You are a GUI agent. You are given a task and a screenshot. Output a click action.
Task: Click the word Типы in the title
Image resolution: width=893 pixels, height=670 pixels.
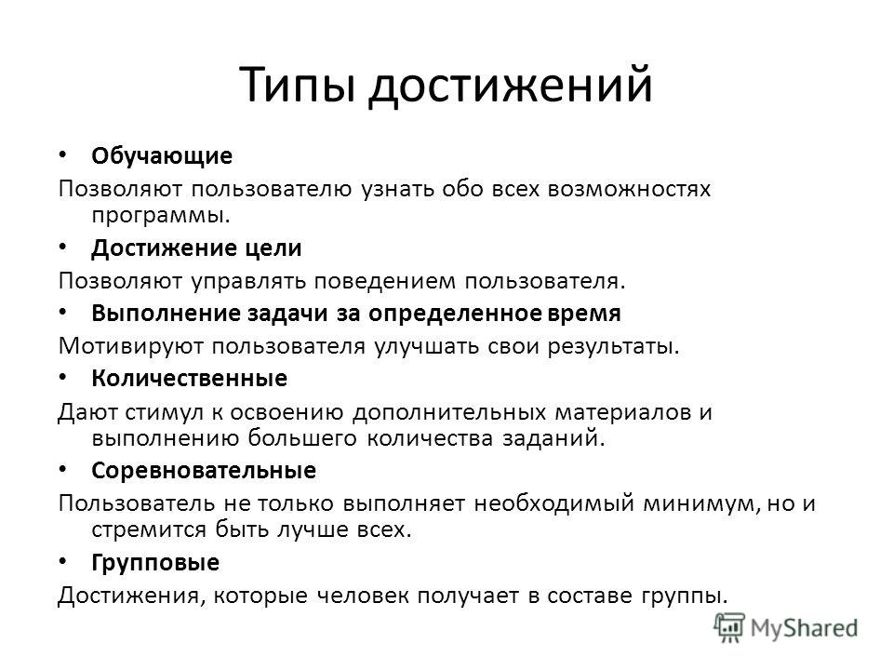point(298,86)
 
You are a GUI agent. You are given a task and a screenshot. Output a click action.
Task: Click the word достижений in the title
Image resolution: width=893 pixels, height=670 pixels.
point(511,87)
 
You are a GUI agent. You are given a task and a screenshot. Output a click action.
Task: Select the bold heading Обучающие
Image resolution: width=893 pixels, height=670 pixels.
point(162,156)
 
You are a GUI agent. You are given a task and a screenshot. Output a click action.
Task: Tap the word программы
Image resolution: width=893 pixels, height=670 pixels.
point(161,217)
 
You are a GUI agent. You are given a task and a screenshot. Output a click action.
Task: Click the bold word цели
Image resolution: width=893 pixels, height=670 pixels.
point(273,248)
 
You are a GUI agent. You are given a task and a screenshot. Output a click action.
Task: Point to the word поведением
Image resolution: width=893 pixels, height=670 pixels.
point(385,281)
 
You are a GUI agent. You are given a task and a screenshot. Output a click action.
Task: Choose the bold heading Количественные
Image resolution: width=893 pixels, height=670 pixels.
point(189,379)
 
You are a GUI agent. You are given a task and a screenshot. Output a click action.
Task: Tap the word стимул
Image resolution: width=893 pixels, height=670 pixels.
point(164,412)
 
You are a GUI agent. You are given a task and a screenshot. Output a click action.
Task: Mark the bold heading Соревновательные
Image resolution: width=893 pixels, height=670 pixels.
point(204,471)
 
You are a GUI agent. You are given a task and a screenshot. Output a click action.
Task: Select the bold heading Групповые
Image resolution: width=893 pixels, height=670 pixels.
point(155,563)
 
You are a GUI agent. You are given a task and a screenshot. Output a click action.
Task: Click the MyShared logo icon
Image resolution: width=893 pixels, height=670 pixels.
point(729,627)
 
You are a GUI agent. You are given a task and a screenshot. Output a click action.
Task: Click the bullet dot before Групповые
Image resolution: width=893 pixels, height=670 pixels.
point(62,562)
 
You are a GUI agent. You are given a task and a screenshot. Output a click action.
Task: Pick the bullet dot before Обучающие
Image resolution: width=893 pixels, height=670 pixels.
point(62,155)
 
